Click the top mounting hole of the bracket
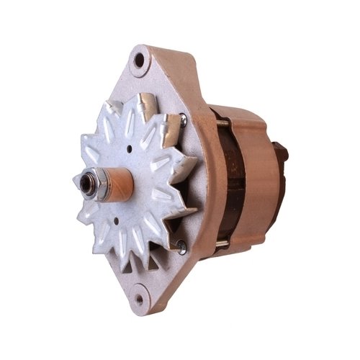(x=139, y=60)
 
